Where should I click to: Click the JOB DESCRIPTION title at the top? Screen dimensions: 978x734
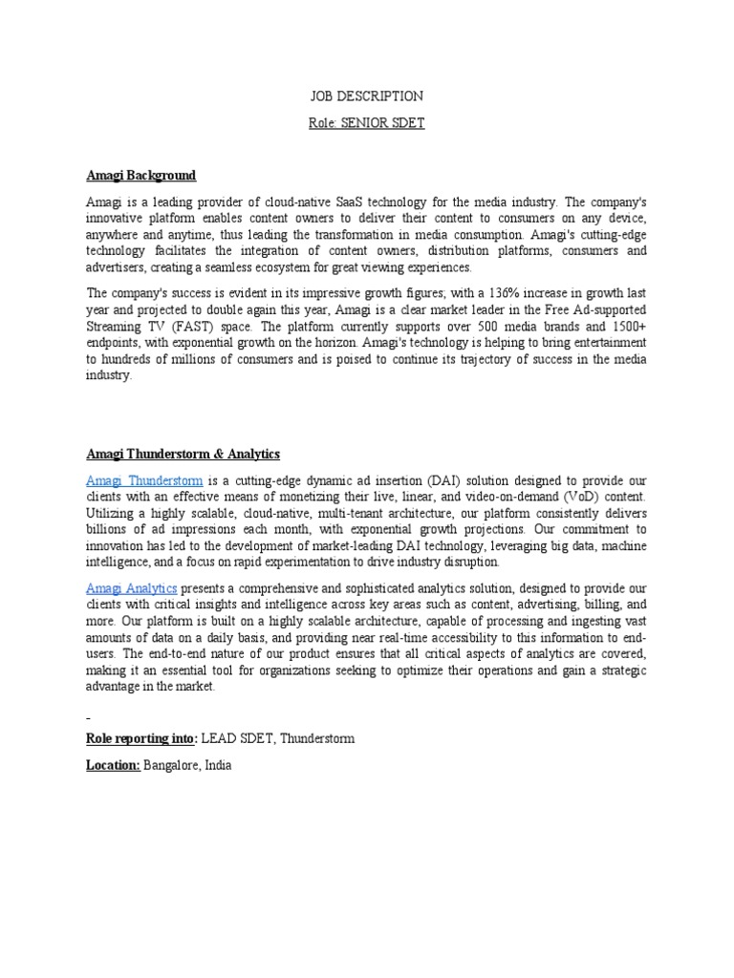pos(367,96)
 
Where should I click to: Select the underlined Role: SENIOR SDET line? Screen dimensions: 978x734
pos(367,123)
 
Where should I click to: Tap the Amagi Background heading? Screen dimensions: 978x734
pos(140,176)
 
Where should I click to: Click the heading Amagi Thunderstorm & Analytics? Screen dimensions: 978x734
pos(183,454)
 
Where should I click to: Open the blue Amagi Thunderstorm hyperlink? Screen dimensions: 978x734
pos(144,480)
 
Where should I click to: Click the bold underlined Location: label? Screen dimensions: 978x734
pos(114,766)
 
